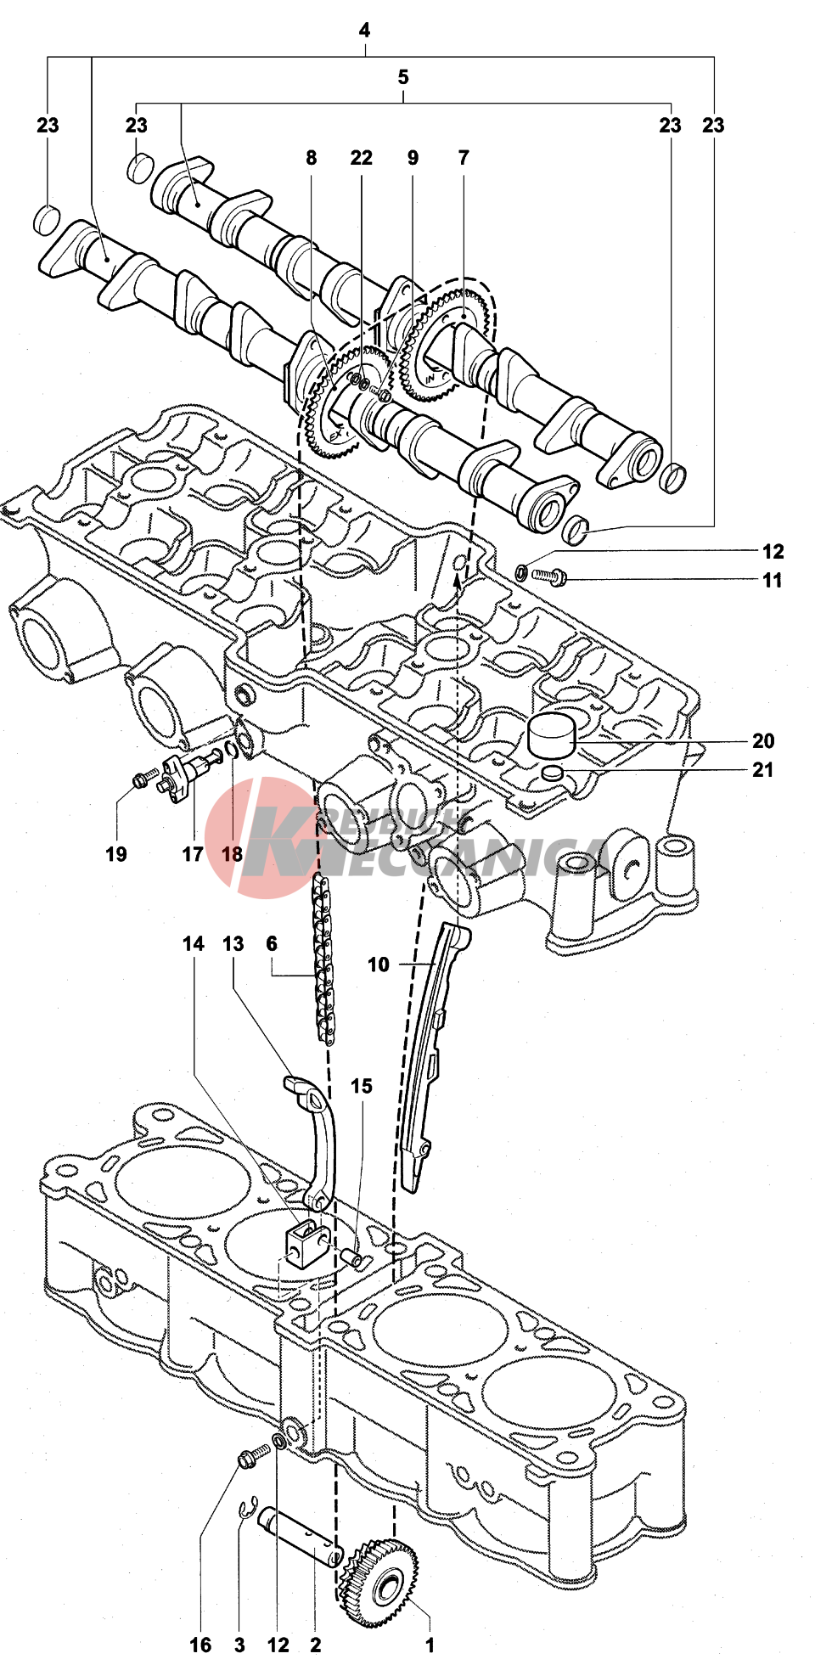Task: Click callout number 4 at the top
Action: [x=364, y=31]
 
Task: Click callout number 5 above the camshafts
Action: [x=403, y=78]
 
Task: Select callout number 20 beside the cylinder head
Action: [x=762, y=741]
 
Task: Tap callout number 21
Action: [x=762, y=770]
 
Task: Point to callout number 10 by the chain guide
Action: [x=378, y=965]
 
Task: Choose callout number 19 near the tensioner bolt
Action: [x=116, y=854]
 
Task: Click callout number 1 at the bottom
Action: [x=430, y=1645]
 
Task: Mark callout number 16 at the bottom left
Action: [x=200, y=1645]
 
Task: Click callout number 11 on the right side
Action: [x=772, y=581]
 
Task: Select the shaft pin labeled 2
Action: [x=301, y=1535]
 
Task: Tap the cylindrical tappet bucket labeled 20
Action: [x=552, y=734]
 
